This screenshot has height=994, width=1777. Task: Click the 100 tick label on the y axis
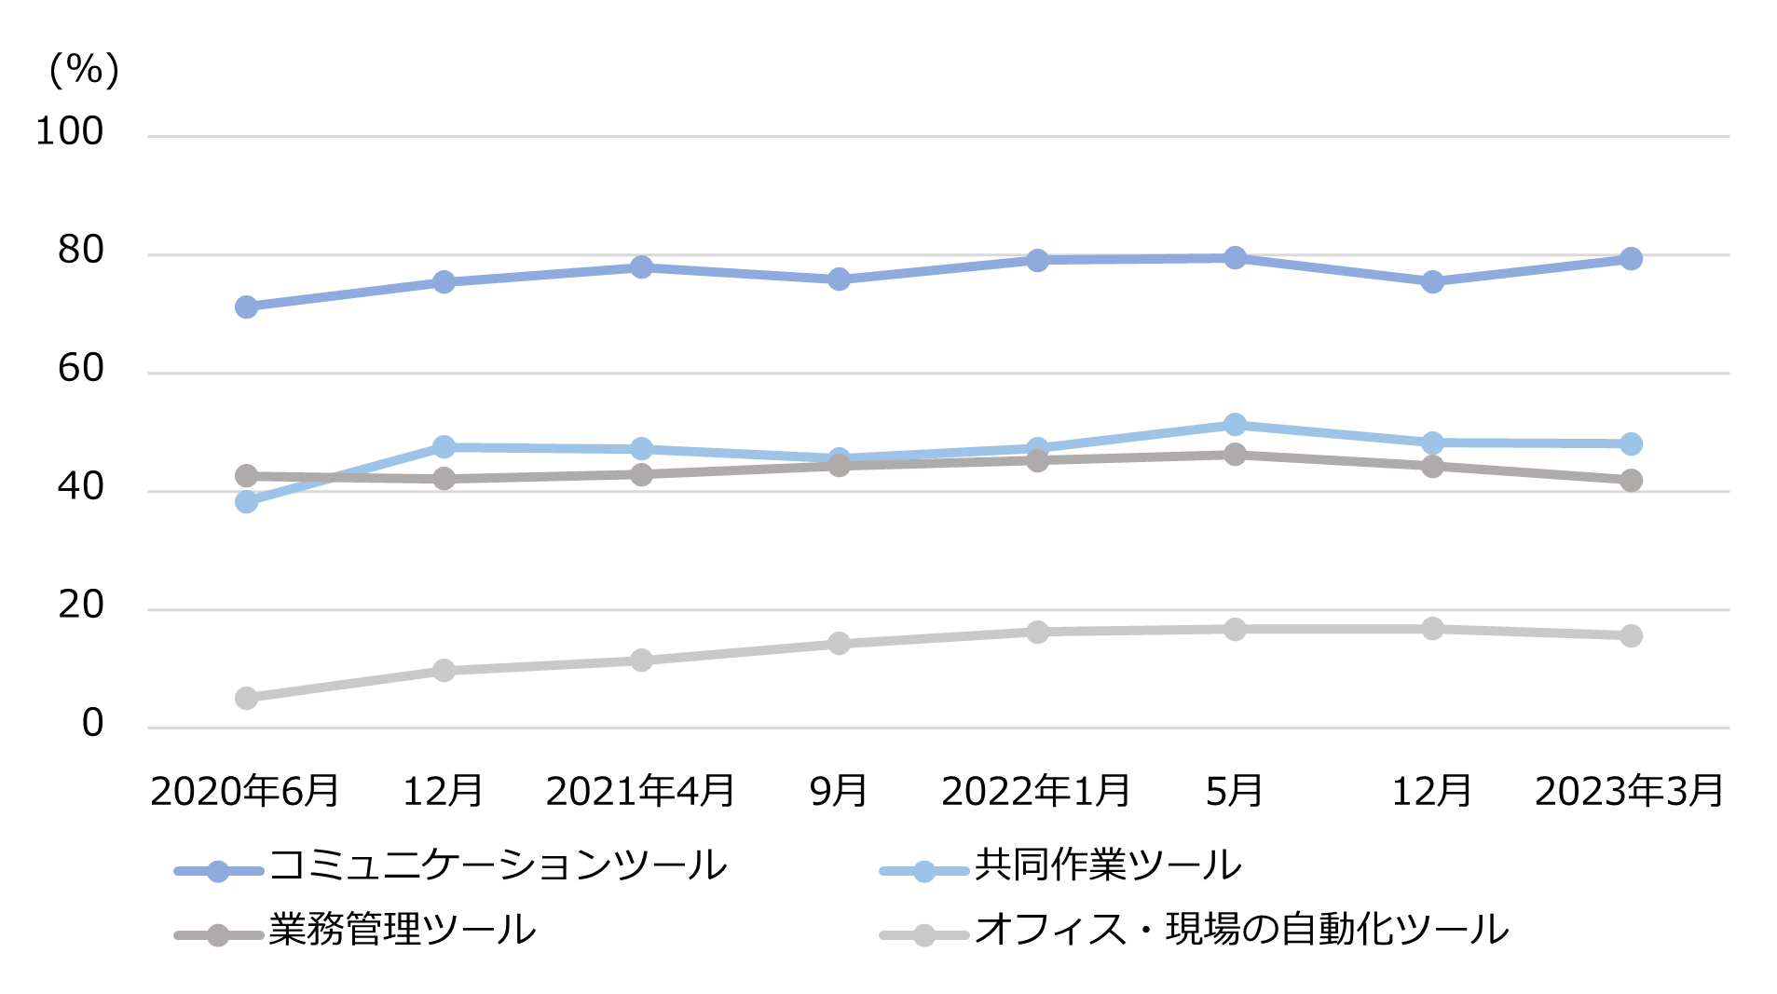point(69,131)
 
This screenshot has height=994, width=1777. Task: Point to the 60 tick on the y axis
point(80,369)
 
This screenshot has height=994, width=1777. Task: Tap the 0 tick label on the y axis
point(92,724)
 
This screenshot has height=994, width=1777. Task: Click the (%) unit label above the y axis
point(84,70)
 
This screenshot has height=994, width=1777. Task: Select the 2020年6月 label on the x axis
point(245,792)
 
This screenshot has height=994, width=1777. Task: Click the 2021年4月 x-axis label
point(640,792)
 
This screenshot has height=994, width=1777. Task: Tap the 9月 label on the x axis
point(839,792)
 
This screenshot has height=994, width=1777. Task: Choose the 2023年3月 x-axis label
point(1629,792)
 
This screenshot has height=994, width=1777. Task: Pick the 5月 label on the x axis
point(1234,792)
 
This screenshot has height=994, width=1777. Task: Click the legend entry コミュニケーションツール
point(498,866)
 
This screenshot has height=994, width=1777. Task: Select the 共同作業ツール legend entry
point(1107,866)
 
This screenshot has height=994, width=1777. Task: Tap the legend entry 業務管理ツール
point(402,931)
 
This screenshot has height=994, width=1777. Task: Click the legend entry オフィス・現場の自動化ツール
point(1241,931)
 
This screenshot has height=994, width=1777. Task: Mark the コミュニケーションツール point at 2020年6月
point(246,307)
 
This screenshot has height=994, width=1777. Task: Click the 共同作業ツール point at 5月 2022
point(1235,425)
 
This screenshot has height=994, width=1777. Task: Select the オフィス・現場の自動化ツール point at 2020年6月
point(246,699)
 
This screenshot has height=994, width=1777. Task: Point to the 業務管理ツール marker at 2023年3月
point(1631,481)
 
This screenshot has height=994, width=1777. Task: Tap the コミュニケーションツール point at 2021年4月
point(641,267)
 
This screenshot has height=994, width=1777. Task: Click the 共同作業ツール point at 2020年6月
point(246,502)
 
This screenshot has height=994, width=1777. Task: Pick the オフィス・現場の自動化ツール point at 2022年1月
point(1037,633)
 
